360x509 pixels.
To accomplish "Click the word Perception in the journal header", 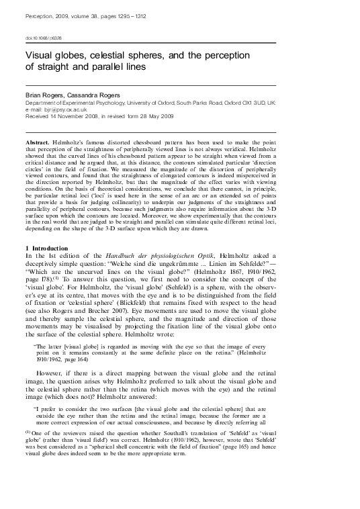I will pos(40,13).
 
